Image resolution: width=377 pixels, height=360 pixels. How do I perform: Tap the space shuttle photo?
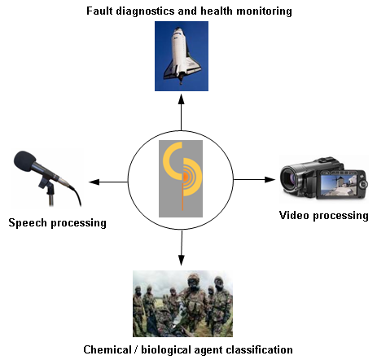[182, 56]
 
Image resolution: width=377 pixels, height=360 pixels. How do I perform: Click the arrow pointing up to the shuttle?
[181, 112]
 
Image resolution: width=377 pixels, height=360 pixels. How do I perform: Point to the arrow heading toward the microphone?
[108, 182]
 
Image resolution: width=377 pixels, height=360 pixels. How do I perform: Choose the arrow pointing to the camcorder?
[254, 179]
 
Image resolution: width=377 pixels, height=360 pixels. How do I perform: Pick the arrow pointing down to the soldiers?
[182, 248]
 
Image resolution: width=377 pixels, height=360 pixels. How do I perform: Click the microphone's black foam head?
[24, 161]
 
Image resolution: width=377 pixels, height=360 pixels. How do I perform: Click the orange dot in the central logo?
[186, 177]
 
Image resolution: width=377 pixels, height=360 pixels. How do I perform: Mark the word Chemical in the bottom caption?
[107, 349]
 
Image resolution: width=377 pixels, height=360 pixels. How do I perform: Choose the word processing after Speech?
[79, 223]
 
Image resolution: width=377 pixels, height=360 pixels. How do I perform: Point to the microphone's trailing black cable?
[77, 194]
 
